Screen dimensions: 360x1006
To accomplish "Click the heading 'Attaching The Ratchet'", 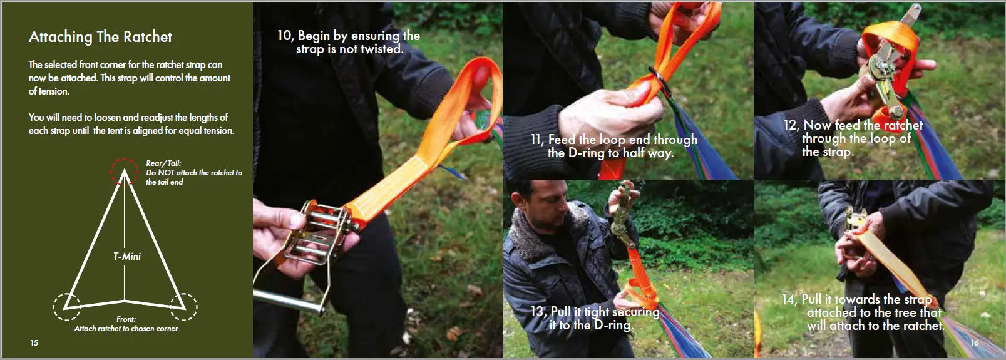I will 100,37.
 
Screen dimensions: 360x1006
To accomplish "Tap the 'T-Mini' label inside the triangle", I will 127,256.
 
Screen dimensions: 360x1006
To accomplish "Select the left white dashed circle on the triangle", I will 66,306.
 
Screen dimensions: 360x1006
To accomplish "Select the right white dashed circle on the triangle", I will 184,307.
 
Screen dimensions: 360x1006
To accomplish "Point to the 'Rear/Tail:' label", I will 163,163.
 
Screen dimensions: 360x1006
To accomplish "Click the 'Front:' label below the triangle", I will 126,319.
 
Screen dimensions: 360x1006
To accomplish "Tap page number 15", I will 34,342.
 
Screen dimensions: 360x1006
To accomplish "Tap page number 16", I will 974,342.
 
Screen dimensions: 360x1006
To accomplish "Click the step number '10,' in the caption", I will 285,36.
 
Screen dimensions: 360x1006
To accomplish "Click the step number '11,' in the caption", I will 537,140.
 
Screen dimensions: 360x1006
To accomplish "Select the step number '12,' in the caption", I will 791,125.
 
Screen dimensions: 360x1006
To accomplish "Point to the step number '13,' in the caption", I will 538,312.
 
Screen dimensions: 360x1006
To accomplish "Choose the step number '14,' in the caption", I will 789,299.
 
